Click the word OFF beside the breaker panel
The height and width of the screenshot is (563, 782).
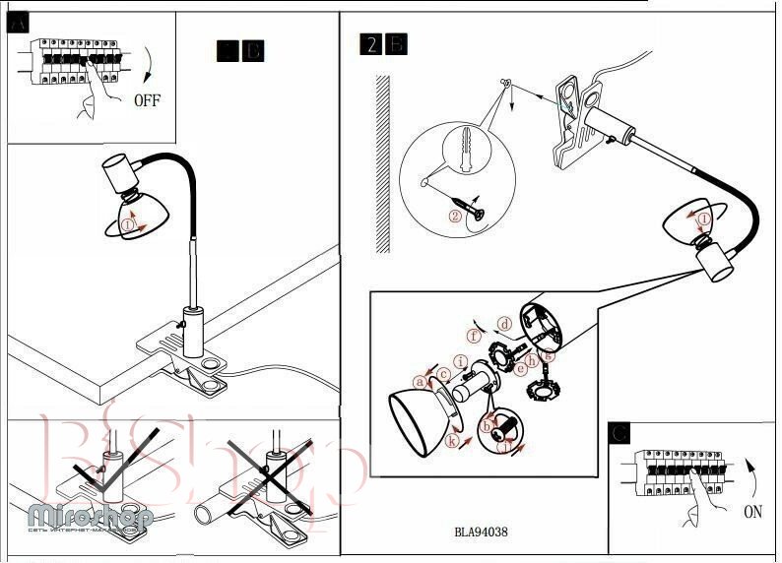(146, 99)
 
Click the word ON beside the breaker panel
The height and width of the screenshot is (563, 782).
(752, 511)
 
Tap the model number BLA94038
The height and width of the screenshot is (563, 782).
(481, 532)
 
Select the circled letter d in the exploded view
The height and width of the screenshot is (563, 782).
(504, 323)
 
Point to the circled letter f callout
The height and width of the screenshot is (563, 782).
(475, 336)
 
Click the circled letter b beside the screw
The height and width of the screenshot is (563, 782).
(487, 426)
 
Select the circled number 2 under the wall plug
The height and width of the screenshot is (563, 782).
(455, 216)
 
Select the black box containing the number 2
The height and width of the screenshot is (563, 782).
(371, 44)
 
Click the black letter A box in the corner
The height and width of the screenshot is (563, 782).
(18, 25)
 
